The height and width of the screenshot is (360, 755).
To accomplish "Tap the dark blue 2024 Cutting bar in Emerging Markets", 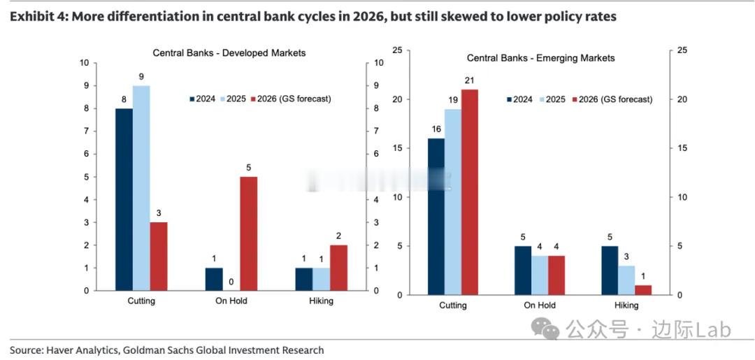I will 436,217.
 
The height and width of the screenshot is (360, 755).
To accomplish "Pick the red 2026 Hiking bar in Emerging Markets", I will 642,289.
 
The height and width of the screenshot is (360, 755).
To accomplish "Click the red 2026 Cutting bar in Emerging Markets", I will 470,192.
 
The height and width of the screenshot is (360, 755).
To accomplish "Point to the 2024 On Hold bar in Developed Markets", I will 214,279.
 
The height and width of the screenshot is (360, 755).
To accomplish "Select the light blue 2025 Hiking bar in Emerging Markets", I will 626,280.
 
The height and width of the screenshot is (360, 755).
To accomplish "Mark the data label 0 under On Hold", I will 231,282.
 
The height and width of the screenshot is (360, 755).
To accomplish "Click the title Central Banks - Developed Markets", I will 229,53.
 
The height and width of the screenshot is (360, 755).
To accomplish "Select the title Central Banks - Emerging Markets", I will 540,58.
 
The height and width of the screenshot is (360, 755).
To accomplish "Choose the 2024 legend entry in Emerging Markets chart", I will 519,99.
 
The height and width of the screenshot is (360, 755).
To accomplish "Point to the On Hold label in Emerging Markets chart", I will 540,305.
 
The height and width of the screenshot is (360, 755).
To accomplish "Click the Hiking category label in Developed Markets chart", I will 321,301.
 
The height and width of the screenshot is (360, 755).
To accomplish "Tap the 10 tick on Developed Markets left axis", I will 85,63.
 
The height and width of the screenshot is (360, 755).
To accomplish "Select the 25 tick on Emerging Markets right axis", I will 682,50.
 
